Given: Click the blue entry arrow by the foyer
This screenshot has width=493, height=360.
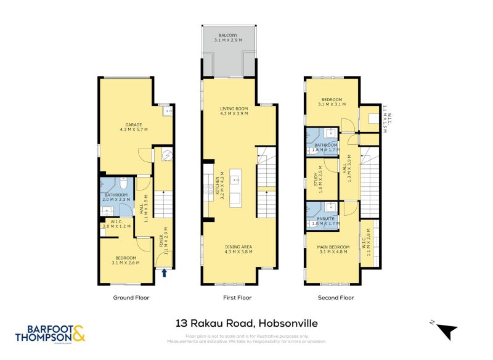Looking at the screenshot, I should coord(165,273).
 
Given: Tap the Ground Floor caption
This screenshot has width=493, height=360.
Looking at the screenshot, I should coord(131,298).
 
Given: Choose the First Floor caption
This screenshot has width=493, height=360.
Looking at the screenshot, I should coord(237,298).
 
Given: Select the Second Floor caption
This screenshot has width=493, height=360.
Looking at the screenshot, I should coord(336,298).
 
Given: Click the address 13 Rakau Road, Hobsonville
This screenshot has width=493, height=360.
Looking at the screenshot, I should coord(246,323).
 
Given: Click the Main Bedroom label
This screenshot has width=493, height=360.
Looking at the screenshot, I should coord(334,250).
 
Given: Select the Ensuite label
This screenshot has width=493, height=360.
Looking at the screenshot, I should coord(325,221).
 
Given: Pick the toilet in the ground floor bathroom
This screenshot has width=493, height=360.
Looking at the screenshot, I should coord(124,183).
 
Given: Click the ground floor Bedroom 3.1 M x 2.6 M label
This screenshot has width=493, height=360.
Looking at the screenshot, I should coord(126,261).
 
